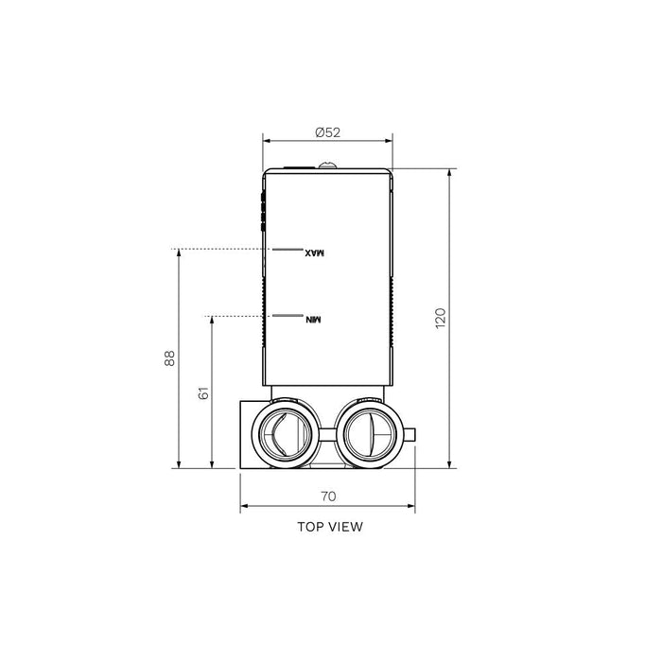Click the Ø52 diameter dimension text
click(x=327, y=132)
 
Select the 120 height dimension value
click(x=440, y=317)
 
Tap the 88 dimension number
click(x=170, y=358)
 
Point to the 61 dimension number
click(x=202, y=392)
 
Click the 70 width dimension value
click(x=328, y=496)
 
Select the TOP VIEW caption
click(x=329, y=527)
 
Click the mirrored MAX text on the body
click(x=314, y=253)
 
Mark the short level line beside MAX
click(x=285, y=250)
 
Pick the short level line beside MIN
click(x=285, y=316)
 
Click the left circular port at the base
click(x=282, y=434)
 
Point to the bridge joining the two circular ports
click(x=324, y=435)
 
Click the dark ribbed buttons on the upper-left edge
click(x=262, y=211)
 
